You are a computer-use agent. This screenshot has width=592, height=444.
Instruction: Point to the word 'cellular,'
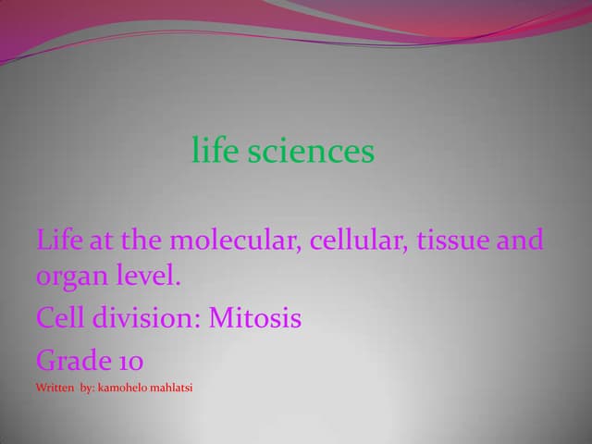359,241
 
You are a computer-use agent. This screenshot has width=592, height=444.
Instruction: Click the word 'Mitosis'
255,318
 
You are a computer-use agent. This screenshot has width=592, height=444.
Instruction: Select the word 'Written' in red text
55,388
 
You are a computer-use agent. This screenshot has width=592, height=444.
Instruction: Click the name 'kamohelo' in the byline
124,388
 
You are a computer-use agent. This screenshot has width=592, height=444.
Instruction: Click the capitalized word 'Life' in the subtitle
58,241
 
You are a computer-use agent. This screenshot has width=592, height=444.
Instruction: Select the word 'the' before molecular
142,241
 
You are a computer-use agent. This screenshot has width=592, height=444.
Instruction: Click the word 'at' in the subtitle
101,242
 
